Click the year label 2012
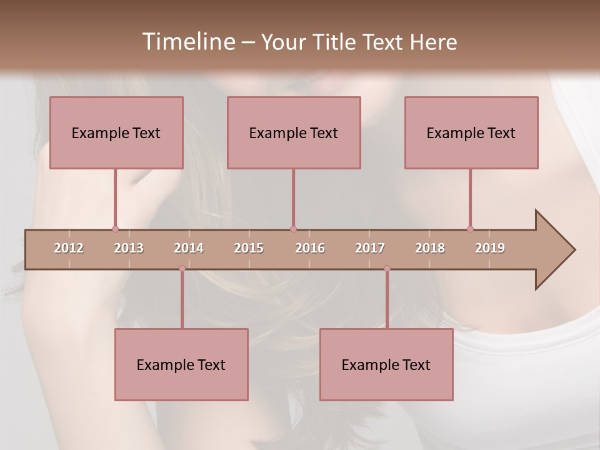(x=69, y=248)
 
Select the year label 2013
(x=129, y=248)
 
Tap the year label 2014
(x=189, y=248)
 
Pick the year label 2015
(x=249, y=248)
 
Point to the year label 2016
(x=310, y=248)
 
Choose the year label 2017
(x=370, y=248)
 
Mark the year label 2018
(x=430, y=248)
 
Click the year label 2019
(x=490, y=248)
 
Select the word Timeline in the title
(x=187, y=42)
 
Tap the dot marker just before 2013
(x=115, y=229)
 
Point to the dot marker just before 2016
(x=293, y=229)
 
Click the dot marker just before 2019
(x=470, y=229)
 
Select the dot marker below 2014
(x=182, y=268)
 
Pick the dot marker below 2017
(x=387, y=268)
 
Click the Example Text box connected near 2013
(x=116, y=132)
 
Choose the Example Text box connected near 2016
(x=294, y=132)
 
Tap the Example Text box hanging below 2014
(x=181, y=364)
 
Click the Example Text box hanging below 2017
(x=386, y=364)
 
